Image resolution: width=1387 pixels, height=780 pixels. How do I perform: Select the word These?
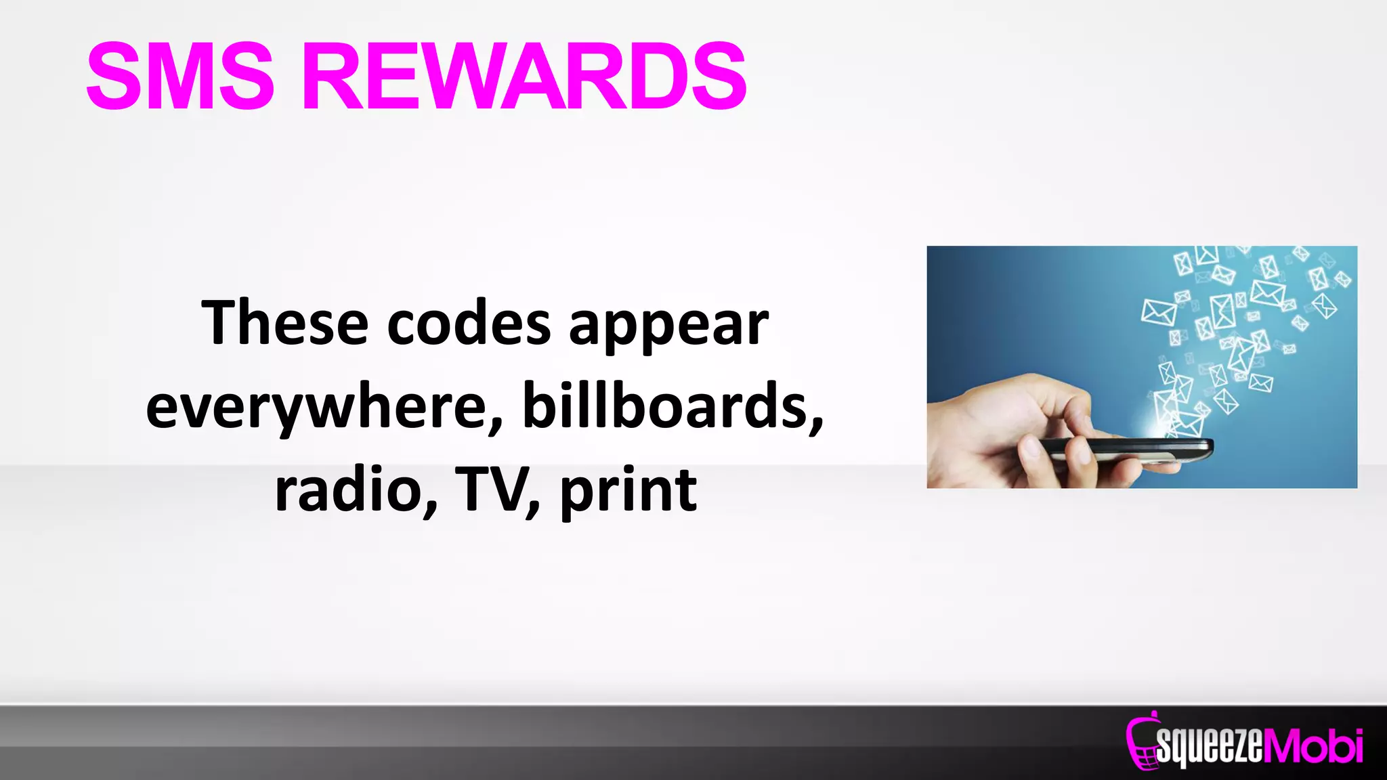pos(284,324)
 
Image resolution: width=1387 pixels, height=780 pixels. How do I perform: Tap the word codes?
pos(469,324)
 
